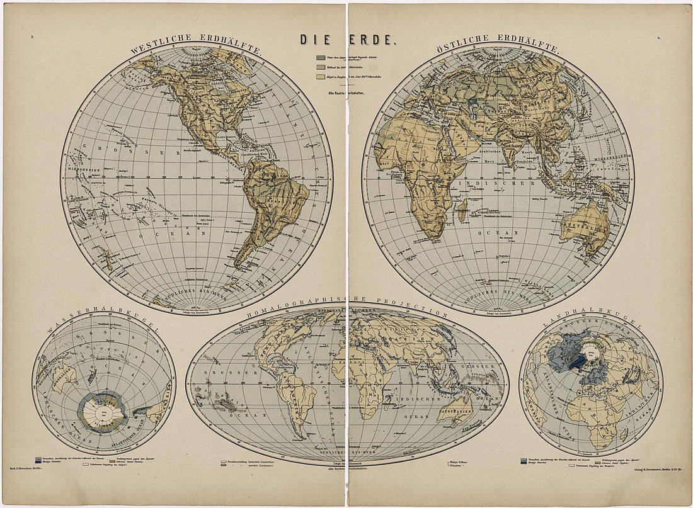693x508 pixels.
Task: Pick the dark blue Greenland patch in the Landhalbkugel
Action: (x=577, y=363)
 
